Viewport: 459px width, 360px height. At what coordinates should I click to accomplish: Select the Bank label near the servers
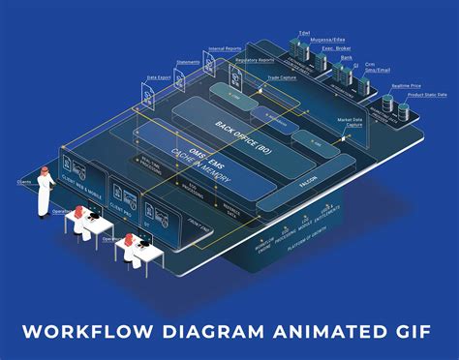click(x=347, y=58)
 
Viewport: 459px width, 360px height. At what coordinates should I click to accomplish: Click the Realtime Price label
click(x=405, y=87)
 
